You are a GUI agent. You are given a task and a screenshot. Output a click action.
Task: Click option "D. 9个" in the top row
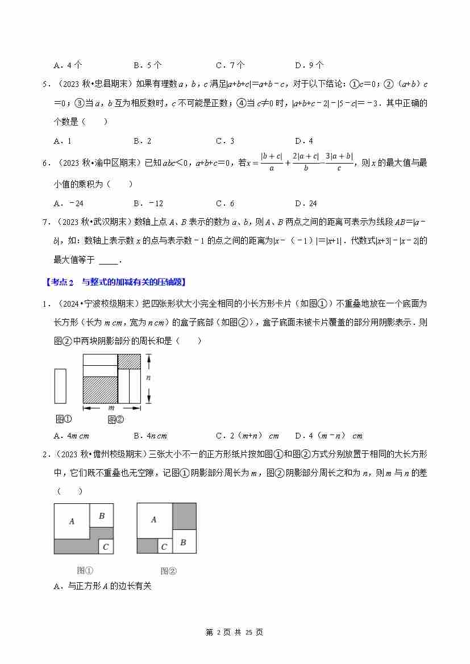(309, 65)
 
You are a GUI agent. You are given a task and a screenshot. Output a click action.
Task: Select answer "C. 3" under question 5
(225, 141)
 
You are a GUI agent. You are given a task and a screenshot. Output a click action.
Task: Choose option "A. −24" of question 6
(69, 203)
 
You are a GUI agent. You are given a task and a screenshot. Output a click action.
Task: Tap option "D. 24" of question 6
(306, 203)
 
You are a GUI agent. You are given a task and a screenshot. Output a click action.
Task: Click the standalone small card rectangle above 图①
(60, 386)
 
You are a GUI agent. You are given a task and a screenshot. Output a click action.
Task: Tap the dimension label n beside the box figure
(148, 378)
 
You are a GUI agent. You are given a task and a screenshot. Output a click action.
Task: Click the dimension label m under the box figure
(111, 408)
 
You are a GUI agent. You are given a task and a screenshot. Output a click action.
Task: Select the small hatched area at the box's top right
(129, 361)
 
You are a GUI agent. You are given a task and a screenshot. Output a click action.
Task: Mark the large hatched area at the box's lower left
(99, 390)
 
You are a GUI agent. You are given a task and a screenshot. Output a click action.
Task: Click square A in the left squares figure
(72, 521)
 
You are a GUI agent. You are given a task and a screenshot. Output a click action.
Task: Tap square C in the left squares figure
(106, 546)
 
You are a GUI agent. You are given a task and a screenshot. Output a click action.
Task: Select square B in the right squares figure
(184, 542)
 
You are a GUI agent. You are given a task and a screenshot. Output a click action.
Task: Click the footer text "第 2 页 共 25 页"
(234, 632)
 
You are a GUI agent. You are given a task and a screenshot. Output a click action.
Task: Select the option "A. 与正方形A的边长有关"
(102, 586)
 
